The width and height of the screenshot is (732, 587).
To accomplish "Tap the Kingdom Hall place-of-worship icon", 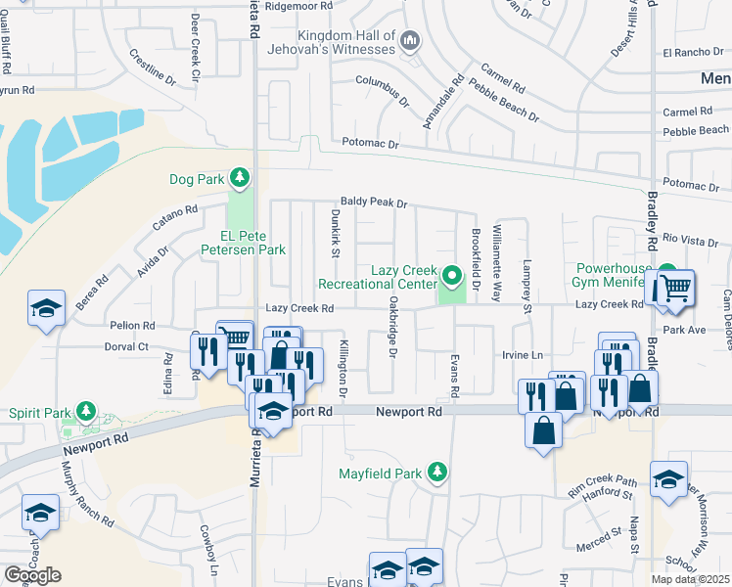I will point(410,41).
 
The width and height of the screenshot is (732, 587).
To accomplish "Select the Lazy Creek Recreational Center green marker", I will point(451,276).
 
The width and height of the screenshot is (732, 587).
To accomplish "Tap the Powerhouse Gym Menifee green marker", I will point(666,274).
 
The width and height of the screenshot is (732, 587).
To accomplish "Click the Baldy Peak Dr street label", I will point(373,203).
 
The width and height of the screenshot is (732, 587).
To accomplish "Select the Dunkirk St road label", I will point(334,238).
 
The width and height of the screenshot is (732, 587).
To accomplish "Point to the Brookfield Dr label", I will point(475,260).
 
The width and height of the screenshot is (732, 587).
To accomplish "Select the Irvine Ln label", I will point(522,353).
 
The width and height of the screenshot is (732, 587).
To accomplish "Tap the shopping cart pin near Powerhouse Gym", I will point(674,288).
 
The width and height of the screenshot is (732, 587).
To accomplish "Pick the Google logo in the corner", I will point(32,575).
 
